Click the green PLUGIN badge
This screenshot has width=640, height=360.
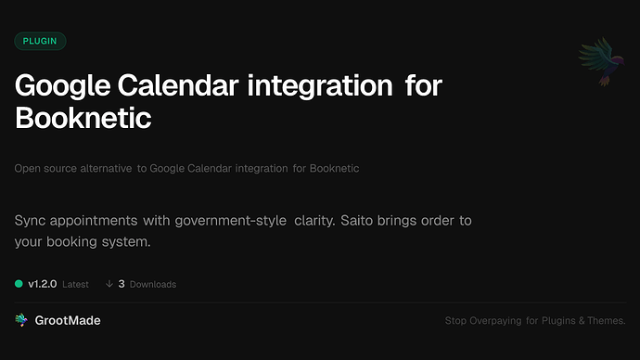(40, 41)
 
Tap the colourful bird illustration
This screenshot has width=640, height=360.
(599, 63)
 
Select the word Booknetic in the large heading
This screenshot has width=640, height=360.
(83, 120)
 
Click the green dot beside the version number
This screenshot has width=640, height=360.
(19, 284)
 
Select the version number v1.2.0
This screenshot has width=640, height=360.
(43, 284)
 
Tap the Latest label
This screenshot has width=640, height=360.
(75, 284)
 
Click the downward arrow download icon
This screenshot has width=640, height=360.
(109, 284)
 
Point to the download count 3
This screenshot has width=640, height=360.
(122, 284)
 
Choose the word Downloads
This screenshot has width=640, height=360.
(152, 284)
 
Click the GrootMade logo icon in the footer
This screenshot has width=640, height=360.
(21, 320)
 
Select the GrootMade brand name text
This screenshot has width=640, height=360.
(68, 320)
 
